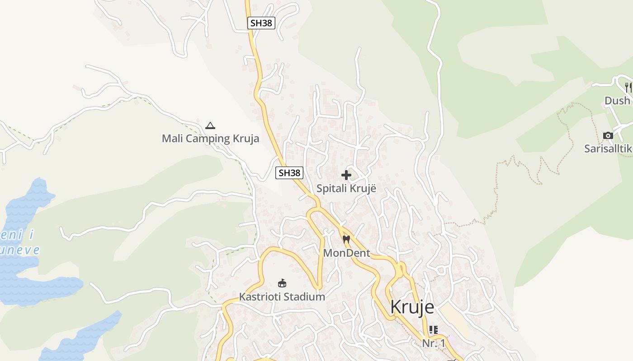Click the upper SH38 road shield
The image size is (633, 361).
point(261,23)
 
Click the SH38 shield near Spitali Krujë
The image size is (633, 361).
point(289,172)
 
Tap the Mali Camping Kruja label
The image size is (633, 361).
point(211,138)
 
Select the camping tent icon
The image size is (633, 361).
point(210,125)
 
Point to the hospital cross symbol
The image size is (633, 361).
point(346,175)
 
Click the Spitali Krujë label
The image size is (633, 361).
point(346,188)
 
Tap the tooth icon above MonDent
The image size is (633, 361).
point(346,240)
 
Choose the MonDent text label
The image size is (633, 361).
point(346,253)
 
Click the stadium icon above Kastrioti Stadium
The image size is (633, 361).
point(282,283)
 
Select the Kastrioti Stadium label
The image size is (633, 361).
point(282,296)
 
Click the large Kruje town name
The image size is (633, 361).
point(412,307)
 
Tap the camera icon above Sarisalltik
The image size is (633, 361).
point(608,135)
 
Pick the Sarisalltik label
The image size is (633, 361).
point(608,148)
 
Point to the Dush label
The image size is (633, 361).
point(617,100)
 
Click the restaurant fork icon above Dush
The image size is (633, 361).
point(628,86)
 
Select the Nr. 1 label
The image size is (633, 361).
point(434,343)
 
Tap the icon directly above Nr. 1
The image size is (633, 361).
point(434,330)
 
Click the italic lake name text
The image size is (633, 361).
point(20,243)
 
